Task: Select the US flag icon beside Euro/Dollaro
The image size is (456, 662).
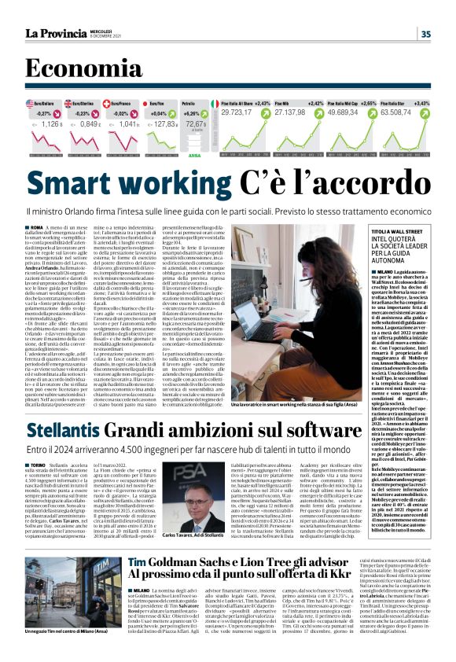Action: coord(29,103)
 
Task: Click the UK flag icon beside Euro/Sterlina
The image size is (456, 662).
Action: coord(77,103)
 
